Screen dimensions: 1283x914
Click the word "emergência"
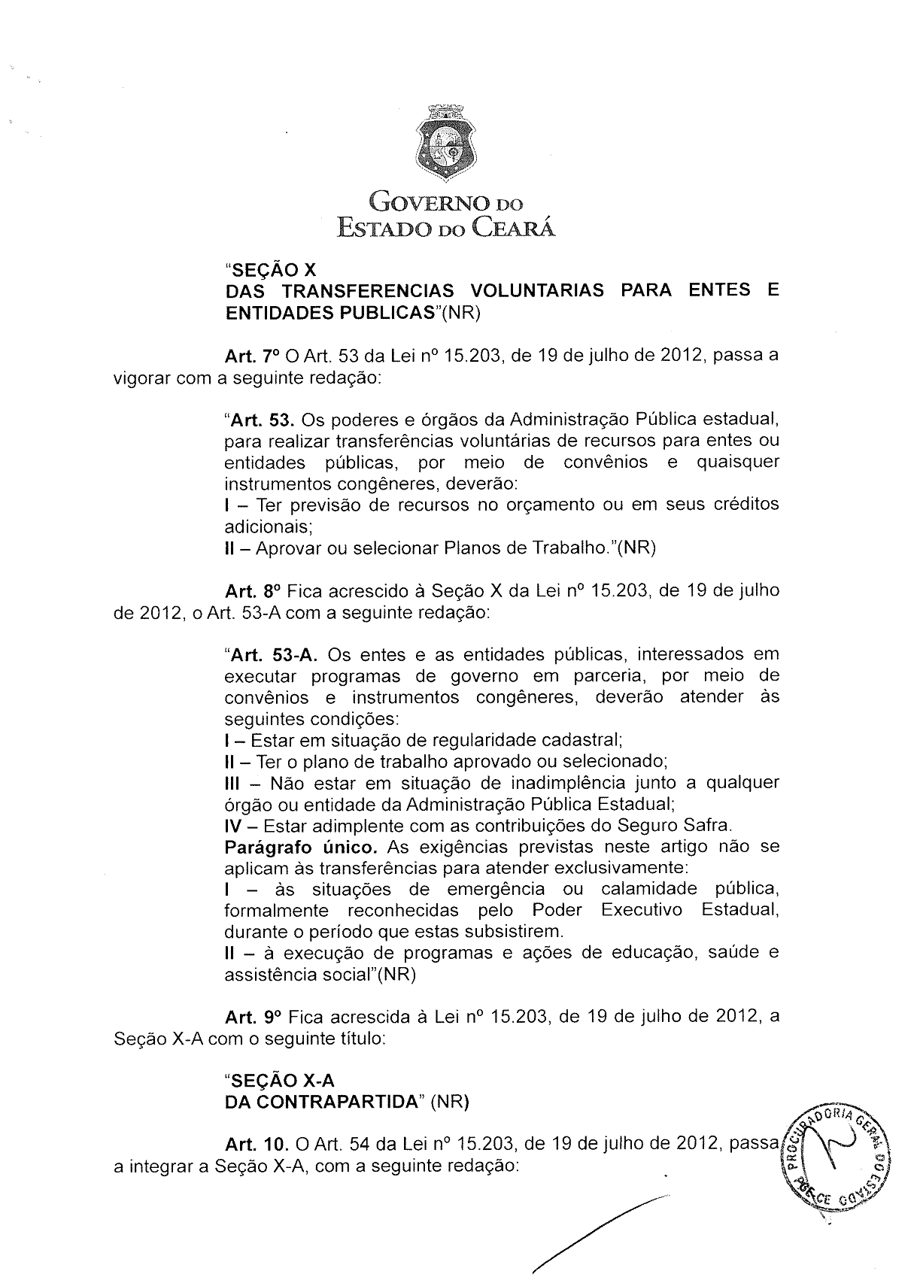[x=495, y=890]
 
